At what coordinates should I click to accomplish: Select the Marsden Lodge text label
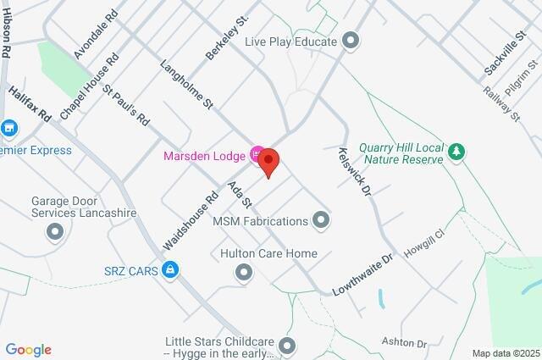(203, 154)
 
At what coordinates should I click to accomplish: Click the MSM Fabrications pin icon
(321, 221)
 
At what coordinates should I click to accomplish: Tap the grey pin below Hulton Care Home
(244, 272)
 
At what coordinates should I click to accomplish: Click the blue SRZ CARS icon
(172, 269)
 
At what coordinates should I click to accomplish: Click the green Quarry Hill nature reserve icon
(457, 151)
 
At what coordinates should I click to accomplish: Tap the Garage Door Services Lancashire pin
(56, 230)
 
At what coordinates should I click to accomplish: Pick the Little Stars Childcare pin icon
(288, 345)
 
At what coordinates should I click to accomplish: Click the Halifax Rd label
(32, 102)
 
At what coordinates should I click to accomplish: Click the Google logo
(28, 349)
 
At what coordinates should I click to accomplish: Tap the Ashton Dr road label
(410, 342)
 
